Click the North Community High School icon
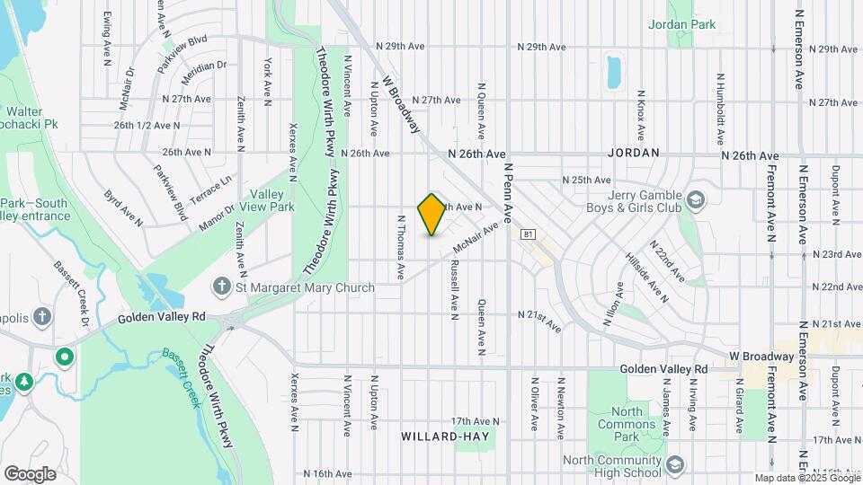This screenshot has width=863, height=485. pos(675,464)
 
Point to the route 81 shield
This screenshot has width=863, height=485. pos(529,234)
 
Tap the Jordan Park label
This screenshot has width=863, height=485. pos(681,25)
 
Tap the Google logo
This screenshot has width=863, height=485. pos(30,473)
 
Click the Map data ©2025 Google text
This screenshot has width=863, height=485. pos(807,478)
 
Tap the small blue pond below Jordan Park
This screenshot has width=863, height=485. pos(614,72)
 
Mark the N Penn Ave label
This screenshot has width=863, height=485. pos(509,193)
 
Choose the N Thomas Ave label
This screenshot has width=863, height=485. pos(401,246)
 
